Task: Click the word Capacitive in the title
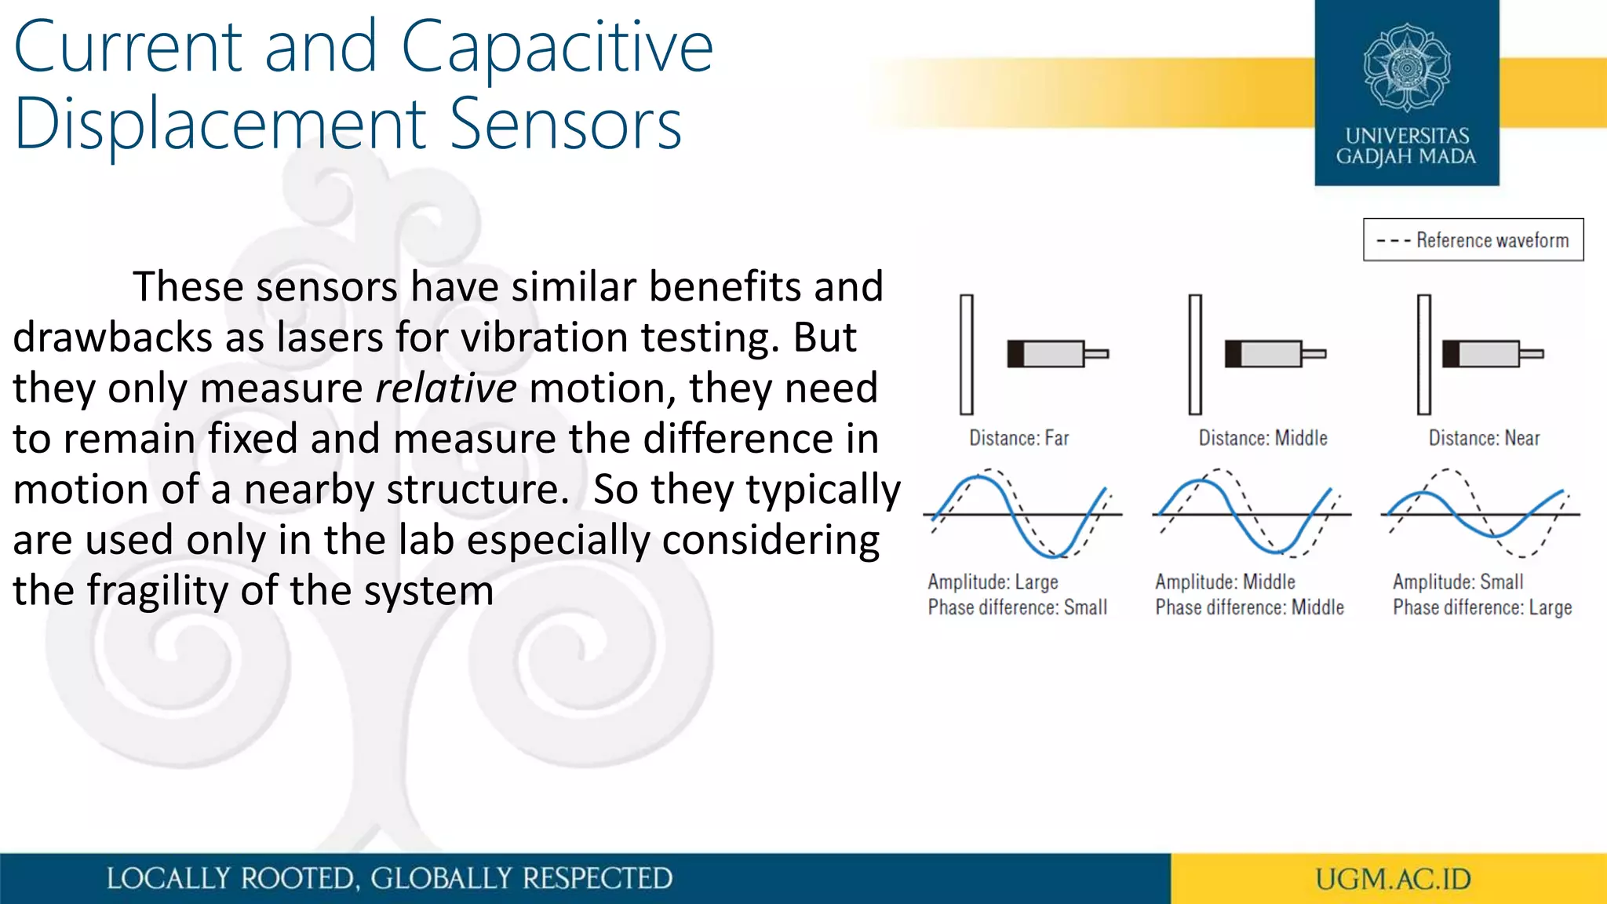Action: point(557,49)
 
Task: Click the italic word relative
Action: point(446,388)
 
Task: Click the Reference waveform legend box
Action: point(1473,240)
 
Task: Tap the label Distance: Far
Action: point(1018,438)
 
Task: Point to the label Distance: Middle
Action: point(1263,438)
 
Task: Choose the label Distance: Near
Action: point(1484,438)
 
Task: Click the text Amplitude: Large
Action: point(993,582)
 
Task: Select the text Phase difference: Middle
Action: point(1249,607)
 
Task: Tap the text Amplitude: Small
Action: point(1458,582)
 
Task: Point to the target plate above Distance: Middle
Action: point(1195,354)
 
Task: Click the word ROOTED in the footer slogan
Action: point(298,879)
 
